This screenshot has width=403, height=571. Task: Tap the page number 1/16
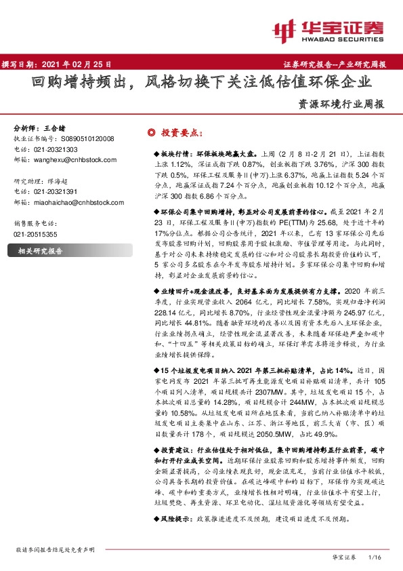click(375, 557)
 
